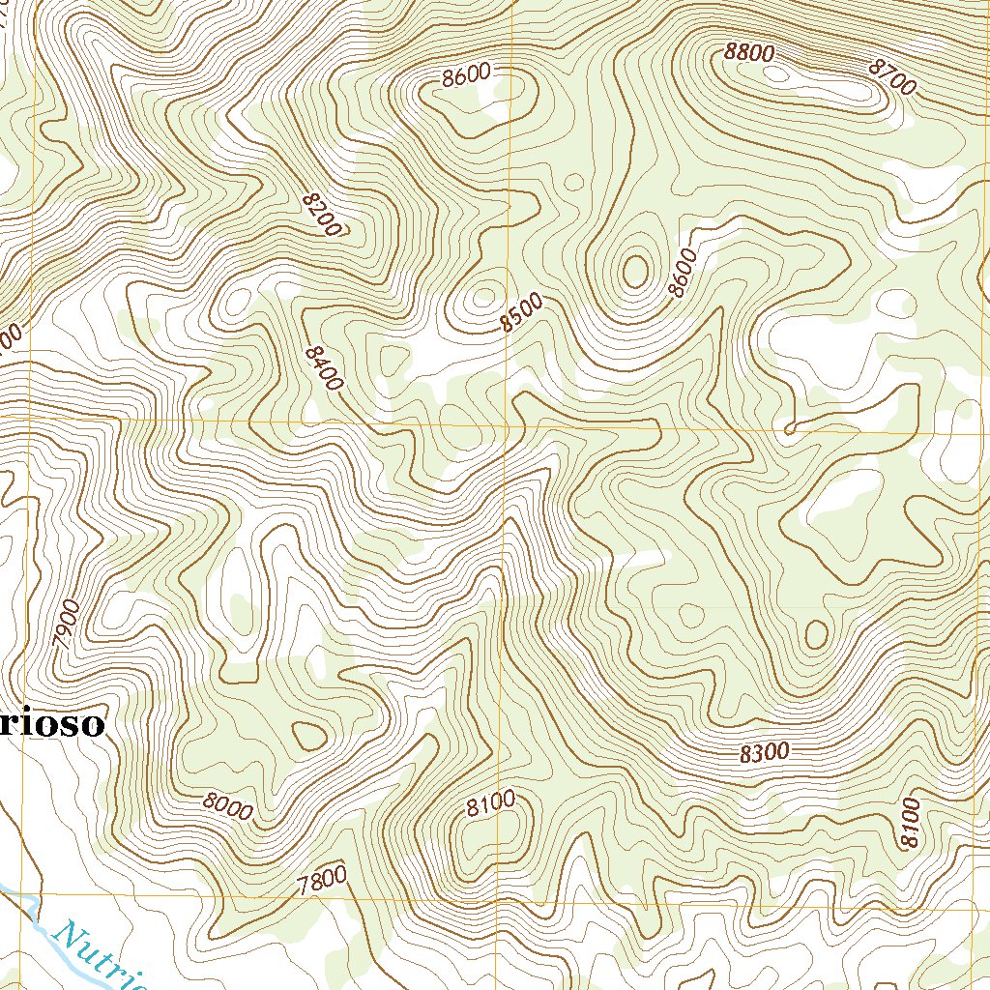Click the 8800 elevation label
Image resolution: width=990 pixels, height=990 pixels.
(749, 53)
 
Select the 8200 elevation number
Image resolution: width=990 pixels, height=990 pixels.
(321, 214)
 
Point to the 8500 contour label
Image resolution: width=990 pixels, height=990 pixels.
(522, 313)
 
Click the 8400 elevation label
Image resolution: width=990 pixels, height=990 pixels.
(322, 368)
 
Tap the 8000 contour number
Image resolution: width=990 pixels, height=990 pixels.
(228, 806)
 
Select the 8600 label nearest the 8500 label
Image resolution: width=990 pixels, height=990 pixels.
(682, 273)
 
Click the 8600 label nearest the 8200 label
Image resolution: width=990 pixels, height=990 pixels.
(467, 76)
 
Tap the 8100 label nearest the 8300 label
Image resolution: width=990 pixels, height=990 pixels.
(909, 823)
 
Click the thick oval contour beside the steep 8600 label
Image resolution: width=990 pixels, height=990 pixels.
(635, 272)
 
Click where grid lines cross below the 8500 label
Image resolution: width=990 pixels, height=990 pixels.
(507, 423)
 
